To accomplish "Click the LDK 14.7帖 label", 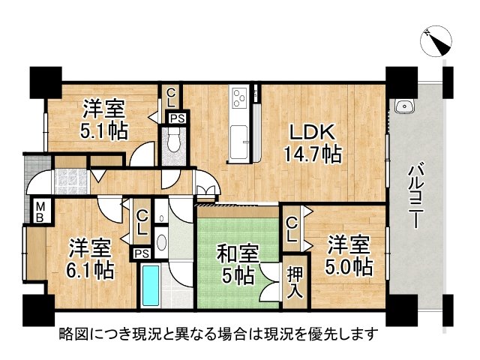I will click(313, 142).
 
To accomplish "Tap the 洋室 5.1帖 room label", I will click(104, 119).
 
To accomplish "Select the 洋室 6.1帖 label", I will click(91, 257).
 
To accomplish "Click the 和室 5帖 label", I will click(235, 263).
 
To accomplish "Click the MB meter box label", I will click(38, 210).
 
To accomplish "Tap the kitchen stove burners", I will click(239, 97).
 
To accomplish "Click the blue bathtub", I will click(150, 285).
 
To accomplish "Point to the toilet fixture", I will click(172, 142).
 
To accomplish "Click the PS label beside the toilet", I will click(176, 118).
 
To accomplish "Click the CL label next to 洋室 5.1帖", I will click(172, 97).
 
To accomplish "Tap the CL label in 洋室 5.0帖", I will click(292, 228).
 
